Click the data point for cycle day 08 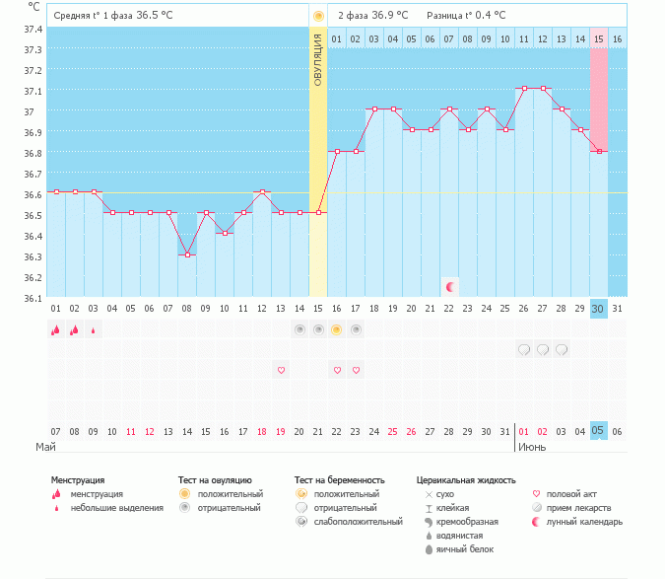(187, 254)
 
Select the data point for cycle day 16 (337, 151)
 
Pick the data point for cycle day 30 (599, 151)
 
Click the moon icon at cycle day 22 (450, 286)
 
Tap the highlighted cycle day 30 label (599, 308)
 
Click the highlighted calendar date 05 (599, 431)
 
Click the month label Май (45, 447)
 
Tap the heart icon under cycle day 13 (281, 370)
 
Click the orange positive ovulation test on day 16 (337, 329)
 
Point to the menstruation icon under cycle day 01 (56, 330)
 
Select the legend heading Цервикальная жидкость (466, 479)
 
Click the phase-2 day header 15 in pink (599, 38)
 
